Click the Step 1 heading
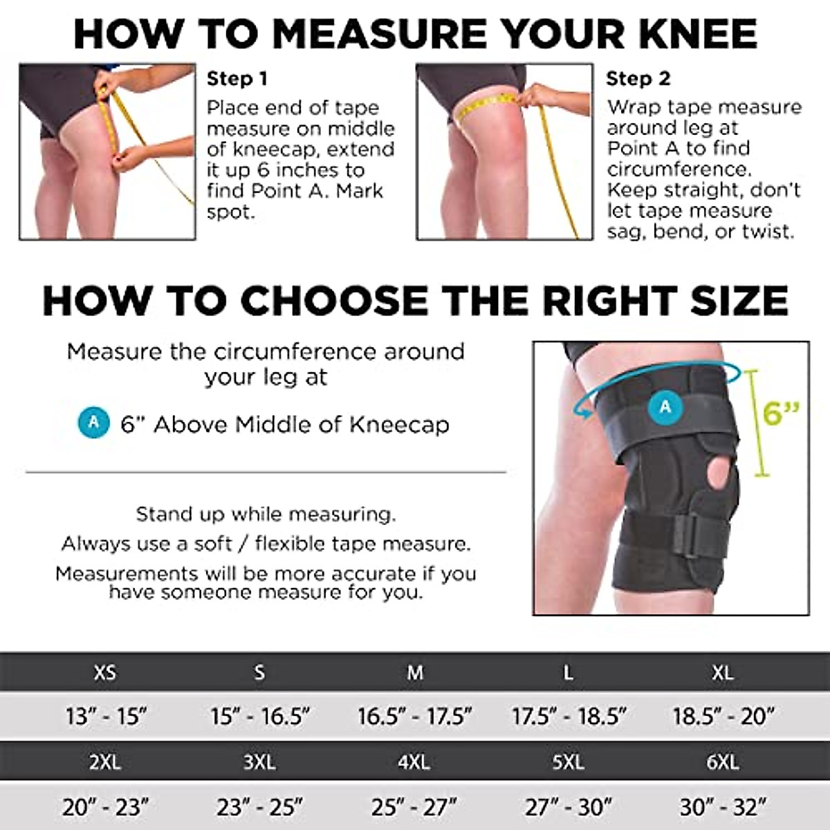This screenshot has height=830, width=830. pyautogui.click(x=237, y=79)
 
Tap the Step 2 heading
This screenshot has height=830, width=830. pyautogui.click(x=638, y=79)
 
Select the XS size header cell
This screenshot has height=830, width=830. pyautogui.click(x=105, y=672)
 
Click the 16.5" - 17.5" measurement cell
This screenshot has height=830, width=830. pyautogui.click(x=414, y=716)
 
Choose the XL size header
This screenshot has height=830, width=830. pyautogui.click(x=722, y=672)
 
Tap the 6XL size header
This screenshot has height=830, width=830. pyautogui.click(x=722, y=762)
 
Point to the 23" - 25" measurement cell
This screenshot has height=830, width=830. pyautogui.click(x=259, y=806)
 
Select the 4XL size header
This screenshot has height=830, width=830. pyautogui.click(x=414, y=762)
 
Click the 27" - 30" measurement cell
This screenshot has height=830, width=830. pyautogui.click(x=568, y=806)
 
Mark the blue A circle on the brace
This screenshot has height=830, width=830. pyautogui.click(x=665, y=407)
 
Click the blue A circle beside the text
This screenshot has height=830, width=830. pyautogui.click(x=94, y=423)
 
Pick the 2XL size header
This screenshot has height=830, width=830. pyautogui.click(x=105, y=762)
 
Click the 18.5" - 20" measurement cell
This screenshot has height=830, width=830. pyautogui.click(x=723, y=716)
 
